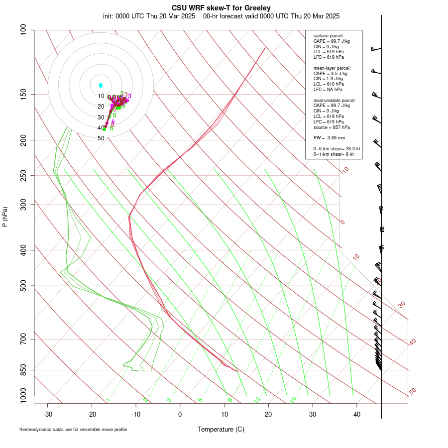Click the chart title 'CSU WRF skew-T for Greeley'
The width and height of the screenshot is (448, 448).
(x=222, y=8)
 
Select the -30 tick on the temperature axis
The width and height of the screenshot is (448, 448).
(x=48, y=414)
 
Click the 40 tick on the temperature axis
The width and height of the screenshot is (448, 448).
(x=357, y=414)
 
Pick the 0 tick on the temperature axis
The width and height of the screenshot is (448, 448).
(x=180, y=414)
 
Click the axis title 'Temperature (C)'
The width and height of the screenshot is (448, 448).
(x=221, y=429)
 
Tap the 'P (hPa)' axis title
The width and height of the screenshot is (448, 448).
(x=5, y=217)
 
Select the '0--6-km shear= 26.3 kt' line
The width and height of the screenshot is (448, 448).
(x=336, y=149)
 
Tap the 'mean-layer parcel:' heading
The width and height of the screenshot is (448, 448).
(x=332, y=68)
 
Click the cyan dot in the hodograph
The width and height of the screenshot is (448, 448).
(x=101, y=86)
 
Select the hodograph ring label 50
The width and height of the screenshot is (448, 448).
(x=101, y=138)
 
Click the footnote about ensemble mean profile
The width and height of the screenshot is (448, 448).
(x=73, y=429)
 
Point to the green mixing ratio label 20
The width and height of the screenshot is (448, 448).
(x=293, y=399)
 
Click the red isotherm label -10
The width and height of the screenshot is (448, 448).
(x=344, y=171)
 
